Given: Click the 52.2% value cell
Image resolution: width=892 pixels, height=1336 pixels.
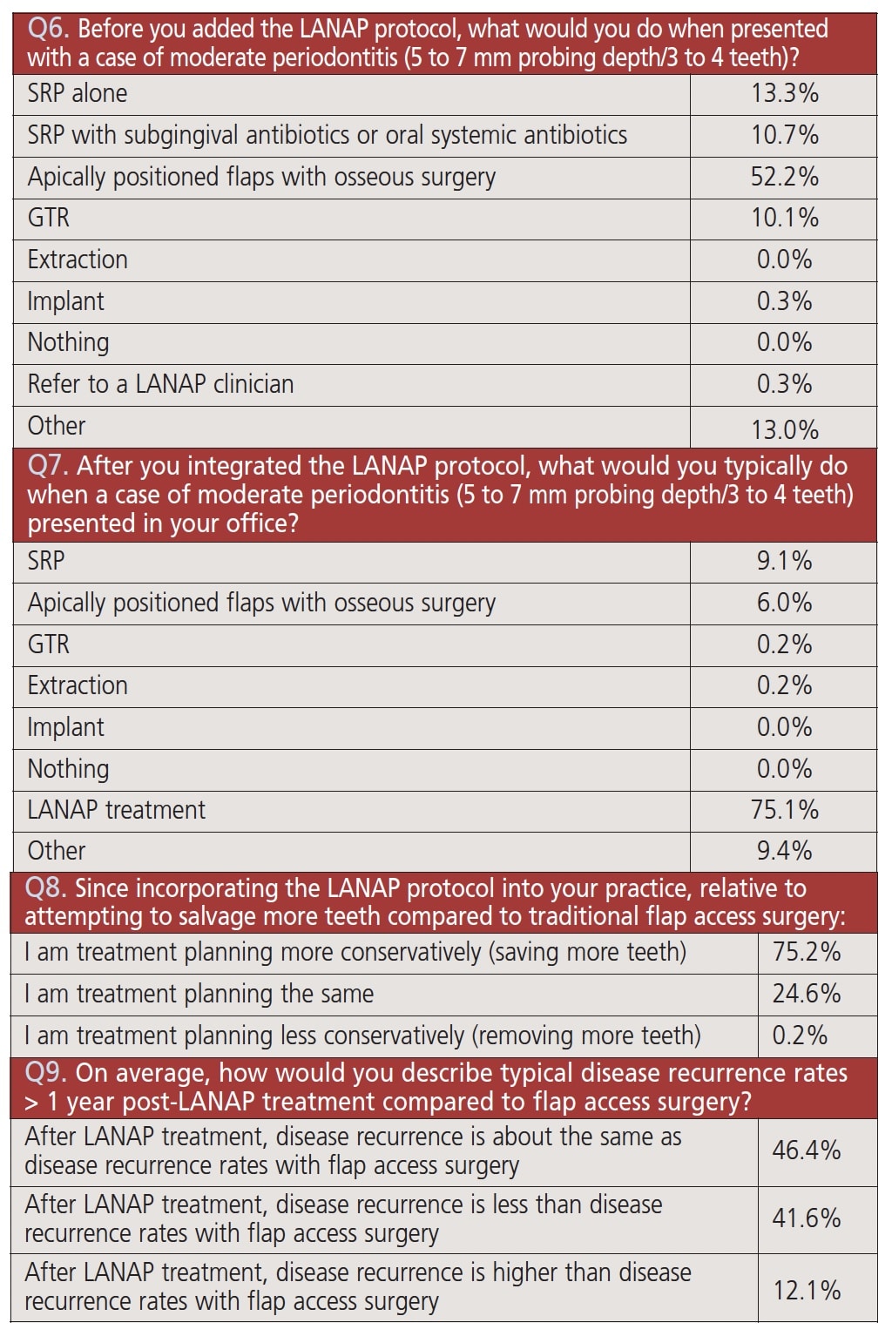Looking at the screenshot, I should coord(784,177).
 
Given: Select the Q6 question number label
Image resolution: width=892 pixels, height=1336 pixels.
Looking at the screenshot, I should coord(48,29).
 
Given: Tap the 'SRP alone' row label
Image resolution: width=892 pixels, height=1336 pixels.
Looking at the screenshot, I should coord(78,93).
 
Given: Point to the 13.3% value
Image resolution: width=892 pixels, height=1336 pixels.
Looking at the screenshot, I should coord(784,93).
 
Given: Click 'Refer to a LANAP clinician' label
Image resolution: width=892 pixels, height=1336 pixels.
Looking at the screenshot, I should coord(160,384).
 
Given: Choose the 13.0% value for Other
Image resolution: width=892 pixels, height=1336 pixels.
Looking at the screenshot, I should coord(784,429).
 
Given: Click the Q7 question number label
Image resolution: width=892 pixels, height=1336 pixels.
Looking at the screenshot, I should coord(47,466).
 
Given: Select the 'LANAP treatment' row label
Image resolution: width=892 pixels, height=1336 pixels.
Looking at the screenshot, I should coord(116,810).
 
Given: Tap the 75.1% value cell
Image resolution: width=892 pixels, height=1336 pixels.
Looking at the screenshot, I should coord(784,810).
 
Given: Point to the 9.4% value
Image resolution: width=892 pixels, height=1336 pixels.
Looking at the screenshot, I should coord(784,851).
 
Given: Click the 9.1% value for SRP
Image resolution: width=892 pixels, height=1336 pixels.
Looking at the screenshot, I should coord(784,561).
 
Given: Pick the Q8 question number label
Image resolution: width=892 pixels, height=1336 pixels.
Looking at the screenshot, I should coord(45,888).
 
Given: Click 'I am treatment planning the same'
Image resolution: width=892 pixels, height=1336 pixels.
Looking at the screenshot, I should coord(199,994).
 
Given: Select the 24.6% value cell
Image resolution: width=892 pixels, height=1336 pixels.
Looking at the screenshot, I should coord(806,994).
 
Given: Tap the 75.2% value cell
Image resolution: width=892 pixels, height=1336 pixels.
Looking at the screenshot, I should coord(806,952).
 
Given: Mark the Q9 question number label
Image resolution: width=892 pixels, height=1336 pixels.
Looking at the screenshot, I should coord(45,1073).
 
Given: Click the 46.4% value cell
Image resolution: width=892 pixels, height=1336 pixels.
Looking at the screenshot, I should coord(806,1150).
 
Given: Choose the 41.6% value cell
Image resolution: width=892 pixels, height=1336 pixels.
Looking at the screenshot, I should coord(806,1218).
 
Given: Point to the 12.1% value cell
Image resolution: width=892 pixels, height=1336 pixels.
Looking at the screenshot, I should coord(806,1287).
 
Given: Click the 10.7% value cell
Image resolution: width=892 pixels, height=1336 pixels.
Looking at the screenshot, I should coord(784,135).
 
